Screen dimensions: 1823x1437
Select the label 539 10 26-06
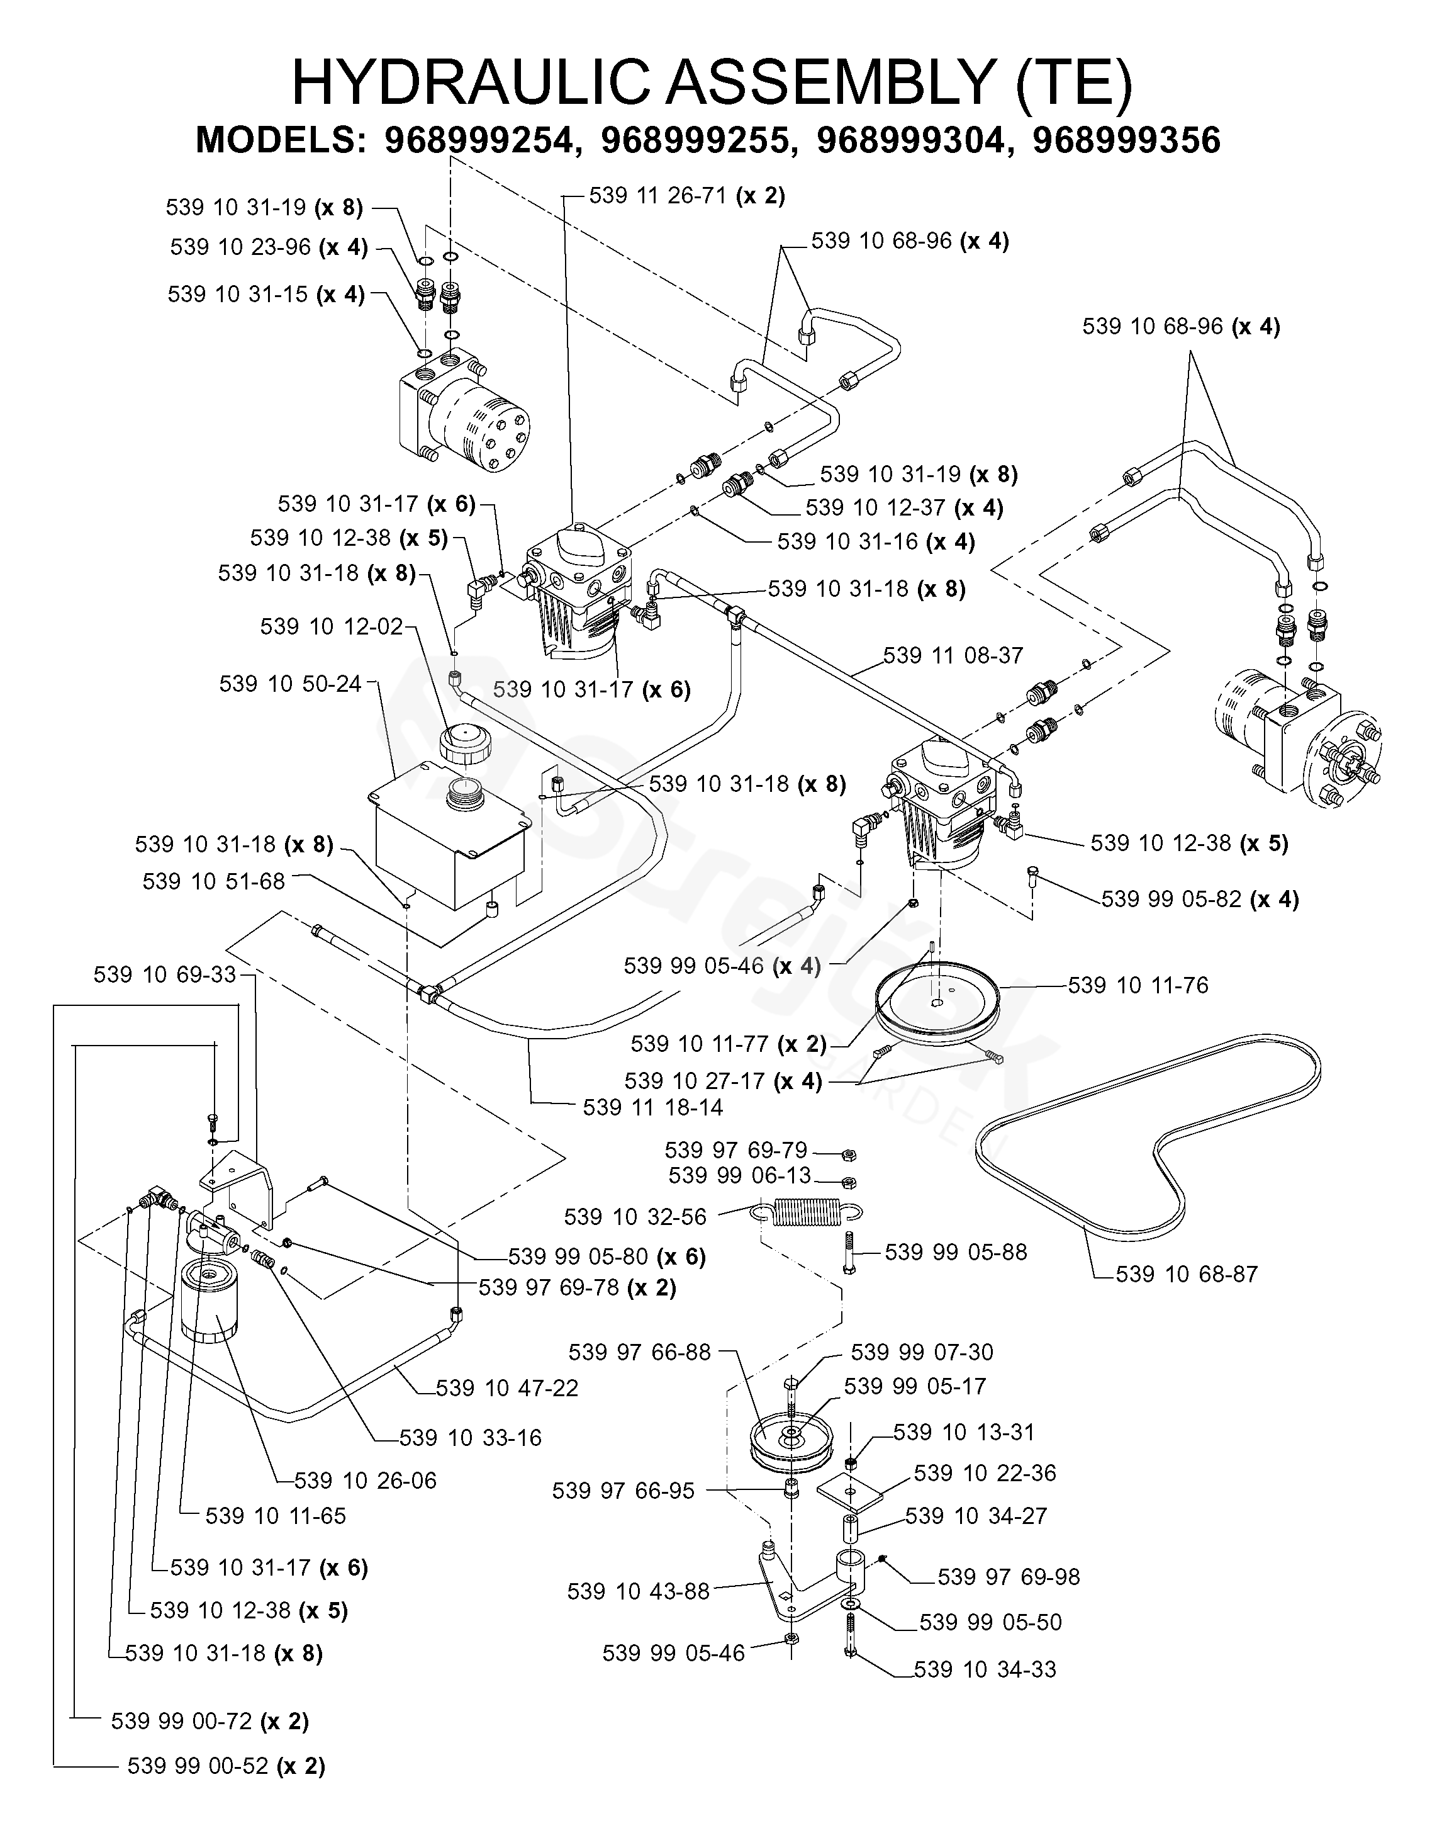pos(365,1481)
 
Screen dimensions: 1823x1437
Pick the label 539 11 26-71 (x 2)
pos(686,196)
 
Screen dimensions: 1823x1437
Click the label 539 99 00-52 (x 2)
pos(225,1765)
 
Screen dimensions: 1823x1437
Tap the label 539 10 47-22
pos(506,1388)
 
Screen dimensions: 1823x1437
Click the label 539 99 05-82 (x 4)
pos(1200,899)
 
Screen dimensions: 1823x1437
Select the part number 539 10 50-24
pos(290,684)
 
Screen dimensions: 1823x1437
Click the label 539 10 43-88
pos(639,1591)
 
